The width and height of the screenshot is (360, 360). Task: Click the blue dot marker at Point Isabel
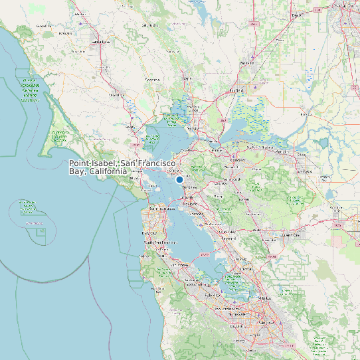click(179, 179)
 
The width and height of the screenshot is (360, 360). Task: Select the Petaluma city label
click(116, 95)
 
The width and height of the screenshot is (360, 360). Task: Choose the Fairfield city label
click(237, 90)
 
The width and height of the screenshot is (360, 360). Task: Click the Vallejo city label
click(193, 128)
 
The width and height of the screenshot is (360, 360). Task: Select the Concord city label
click(236, 160)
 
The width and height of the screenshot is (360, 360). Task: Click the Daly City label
click(149, 233)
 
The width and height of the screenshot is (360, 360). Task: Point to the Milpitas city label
click(264, 300)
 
